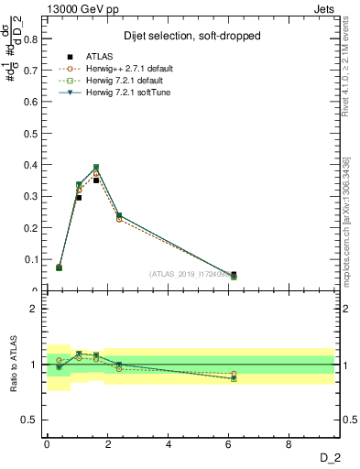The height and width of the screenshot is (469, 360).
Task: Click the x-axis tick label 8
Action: (290, 442)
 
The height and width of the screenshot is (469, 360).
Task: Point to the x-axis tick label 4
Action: (169, 442)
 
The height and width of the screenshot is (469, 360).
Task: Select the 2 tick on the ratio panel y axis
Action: (35, 309)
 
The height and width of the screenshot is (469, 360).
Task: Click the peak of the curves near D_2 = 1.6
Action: (95, 168)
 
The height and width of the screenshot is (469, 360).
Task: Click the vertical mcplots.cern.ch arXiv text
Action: (347, 229)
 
